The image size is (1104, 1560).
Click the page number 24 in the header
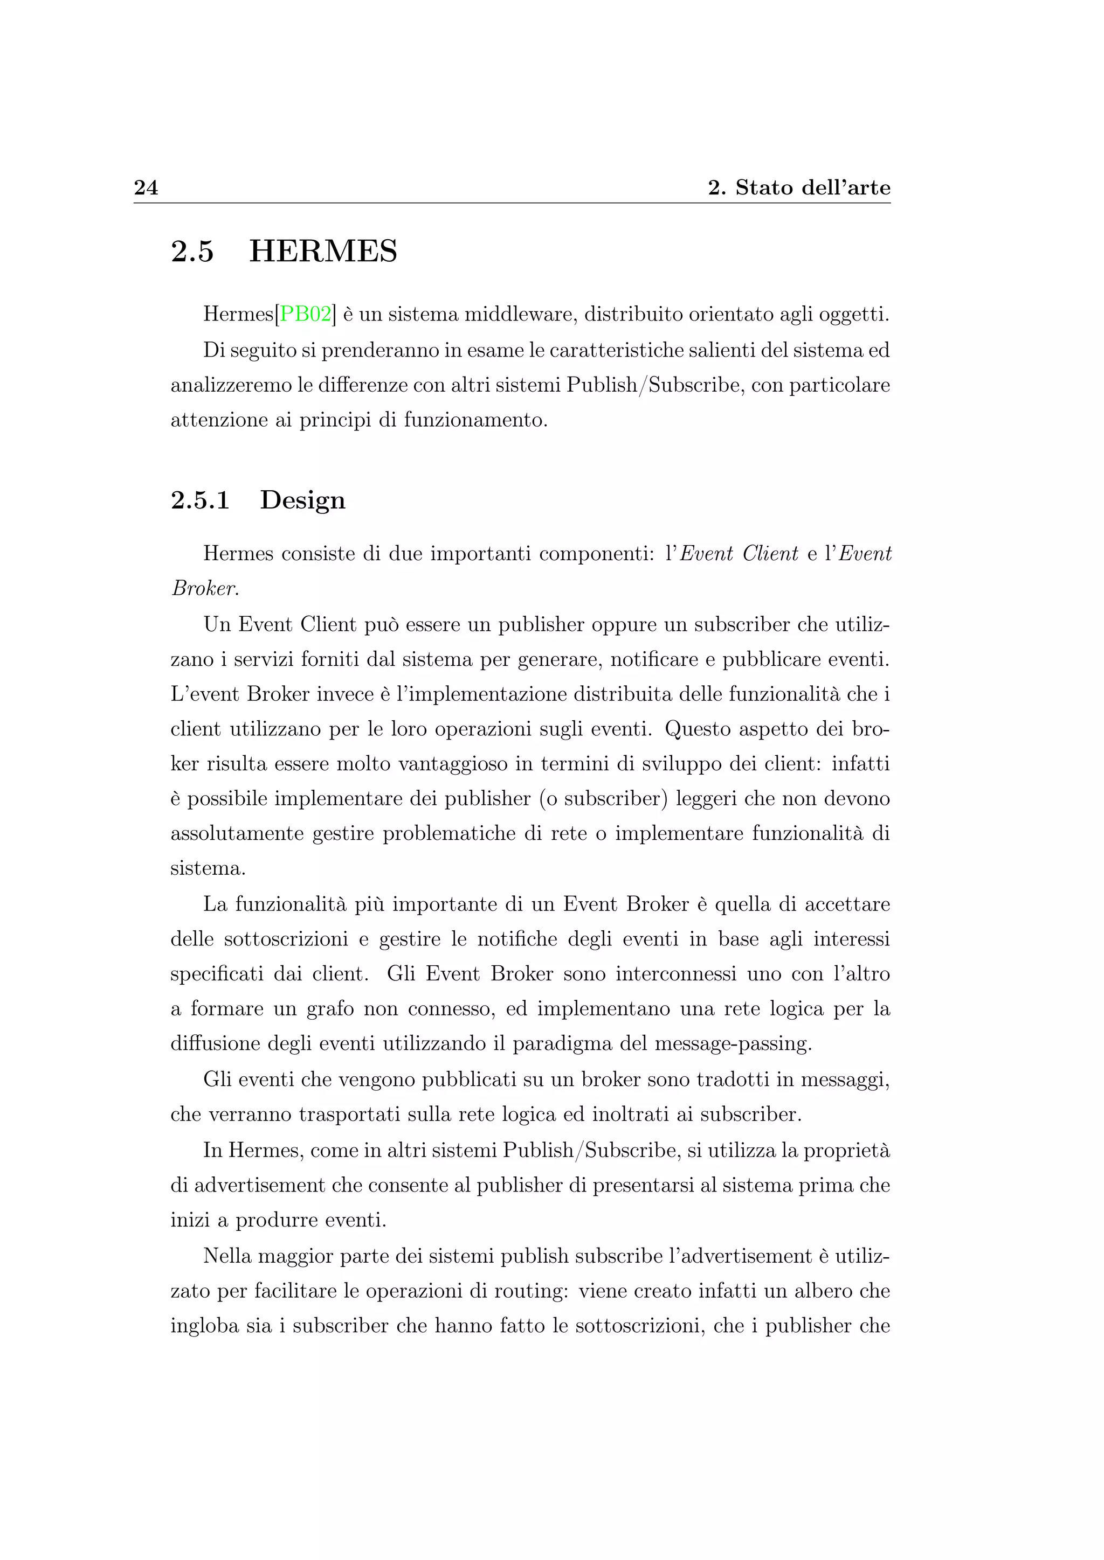tap(146, 187)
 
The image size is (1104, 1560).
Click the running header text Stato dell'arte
tap(812, 187)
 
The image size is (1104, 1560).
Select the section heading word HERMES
tap(323, 252)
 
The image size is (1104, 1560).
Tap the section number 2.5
tap(192, 252)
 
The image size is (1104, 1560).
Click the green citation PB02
tap(305, 314)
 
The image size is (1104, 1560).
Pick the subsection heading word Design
tap(302, 500)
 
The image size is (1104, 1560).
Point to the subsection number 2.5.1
tap(200, 500)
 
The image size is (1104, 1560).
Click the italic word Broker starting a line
tap(204, 588)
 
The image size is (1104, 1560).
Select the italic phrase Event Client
tap(739, 554)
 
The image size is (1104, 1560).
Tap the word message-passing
tap(733, 1043)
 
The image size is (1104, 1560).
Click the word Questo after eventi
tap(698, 729)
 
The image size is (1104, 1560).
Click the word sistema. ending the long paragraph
tap(208, 868)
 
